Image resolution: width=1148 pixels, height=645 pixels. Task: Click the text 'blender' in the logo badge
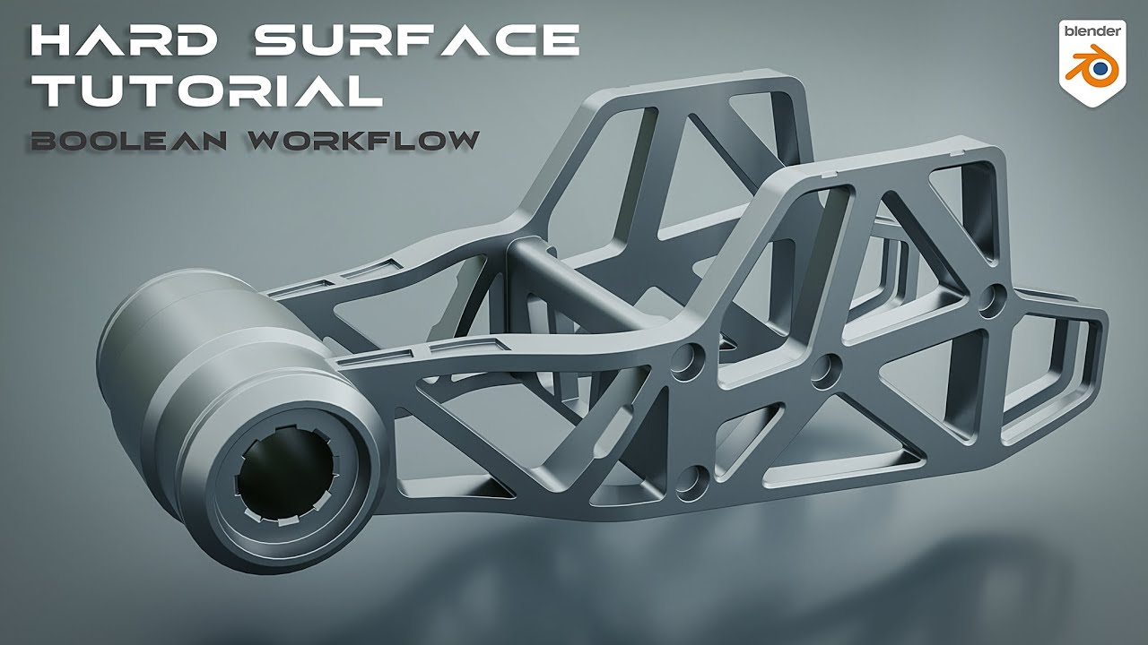click(x=1091, y=30)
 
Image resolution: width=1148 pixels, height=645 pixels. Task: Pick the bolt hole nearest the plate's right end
click(x=992, y=299)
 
